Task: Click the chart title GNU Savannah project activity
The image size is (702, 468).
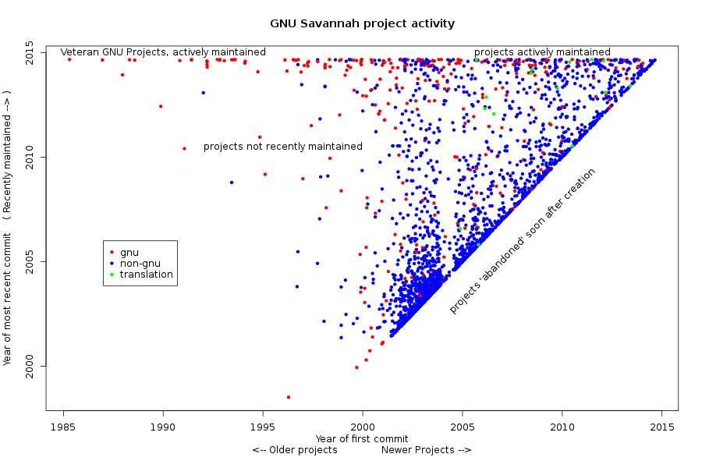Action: click(x=362, y=23)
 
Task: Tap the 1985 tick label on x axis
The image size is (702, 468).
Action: click(x=63, y=427)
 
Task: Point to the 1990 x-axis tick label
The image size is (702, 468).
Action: click(x=163, y=427)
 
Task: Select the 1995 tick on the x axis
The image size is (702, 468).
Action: click(x=263, y=427)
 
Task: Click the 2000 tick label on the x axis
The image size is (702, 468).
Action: click(x=363, y=427)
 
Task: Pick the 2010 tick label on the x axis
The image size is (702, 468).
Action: click(x=562, y=427)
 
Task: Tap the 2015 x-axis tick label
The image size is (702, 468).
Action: click(x=662, y=427)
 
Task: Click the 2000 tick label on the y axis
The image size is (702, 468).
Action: click(x=29, y=366)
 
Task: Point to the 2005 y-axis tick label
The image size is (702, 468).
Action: click(x=29, y=261)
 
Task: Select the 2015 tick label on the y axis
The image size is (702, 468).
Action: click(x=29, y=53)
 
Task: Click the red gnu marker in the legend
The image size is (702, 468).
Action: click(x=112, y=252)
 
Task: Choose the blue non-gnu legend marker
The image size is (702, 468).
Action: click(x=112, y=264)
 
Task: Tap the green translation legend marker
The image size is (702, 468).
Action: click(x=112, y=275)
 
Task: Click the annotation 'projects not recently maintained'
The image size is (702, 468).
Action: click(x=283, y=147)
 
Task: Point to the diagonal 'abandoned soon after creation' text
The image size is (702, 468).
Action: click(x=523, y=241)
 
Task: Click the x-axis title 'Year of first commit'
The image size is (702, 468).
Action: click(x=362, y=438)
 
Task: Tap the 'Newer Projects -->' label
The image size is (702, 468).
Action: click(x=426, y=450)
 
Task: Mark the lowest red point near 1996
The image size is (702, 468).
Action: click(x=288, y=397)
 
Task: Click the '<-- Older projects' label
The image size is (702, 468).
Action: click(x=295, y=450)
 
